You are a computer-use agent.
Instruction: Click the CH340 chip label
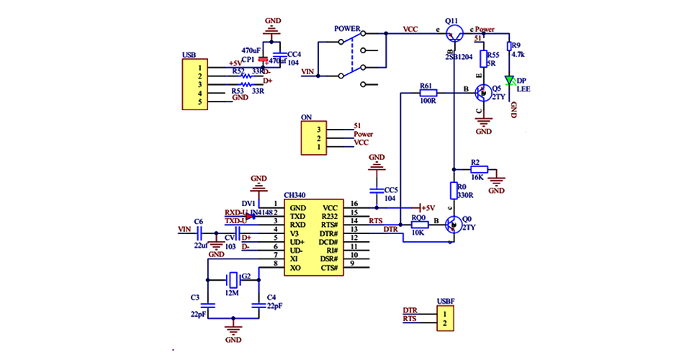pyautogui.click(x=295, y=195)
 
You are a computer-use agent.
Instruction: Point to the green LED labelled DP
pyautogui.click(x=509, y=81)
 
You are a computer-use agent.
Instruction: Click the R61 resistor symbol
pyautogui.click(x=427, y=93)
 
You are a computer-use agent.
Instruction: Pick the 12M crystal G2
pyautogui.click(x=233, y=278)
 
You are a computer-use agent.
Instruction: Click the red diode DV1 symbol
pyautogui.click(x=250, y=215)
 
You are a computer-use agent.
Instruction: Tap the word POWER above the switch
pyautogui.click(x=347, y=29)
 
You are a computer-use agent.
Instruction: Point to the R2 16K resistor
pyautogui.click(x=478, y=170)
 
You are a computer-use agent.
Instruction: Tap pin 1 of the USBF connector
pyautogui.click(x=446, y=315)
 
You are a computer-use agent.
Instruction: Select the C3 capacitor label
pyautogui.click(x=195, y=297)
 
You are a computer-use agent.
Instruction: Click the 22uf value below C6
pyautogui.click(x=201, y=245)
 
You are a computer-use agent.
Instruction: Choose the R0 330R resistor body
pyautogui.click(x=454, y=190)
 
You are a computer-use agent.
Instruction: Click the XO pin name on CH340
pyautogui.click(x=295, y=268)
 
